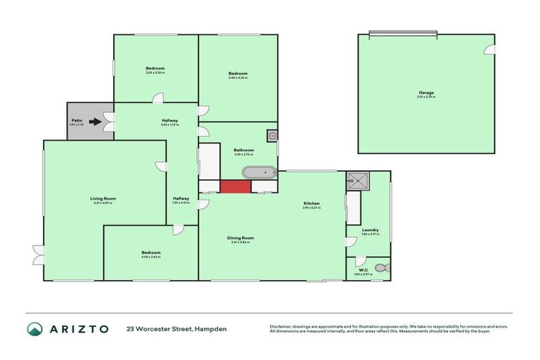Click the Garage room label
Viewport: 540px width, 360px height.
point(426,92)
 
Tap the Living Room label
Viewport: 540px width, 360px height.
point(103,199)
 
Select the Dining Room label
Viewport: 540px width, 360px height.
point(240,238)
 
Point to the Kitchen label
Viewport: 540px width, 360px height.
point(311,204)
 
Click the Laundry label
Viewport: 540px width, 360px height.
point(371,230)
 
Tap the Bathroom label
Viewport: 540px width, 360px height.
point(243,150)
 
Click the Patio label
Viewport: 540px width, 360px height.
point(77,121)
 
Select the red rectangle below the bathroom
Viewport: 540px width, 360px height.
point(236,186)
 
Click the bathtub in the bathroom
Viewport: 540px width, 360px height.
point(259,172)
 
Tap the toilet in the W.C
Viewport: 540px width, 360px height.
point(381,268)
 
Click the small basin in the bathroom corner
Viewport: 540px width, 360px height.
point(271,135)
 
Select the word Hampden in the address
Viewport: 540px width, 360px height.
point(212,328)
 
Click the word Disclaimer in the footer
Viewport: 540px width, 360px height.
point(281,326)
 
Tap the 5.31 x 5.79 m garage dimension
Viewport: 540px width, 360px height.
point(426,97)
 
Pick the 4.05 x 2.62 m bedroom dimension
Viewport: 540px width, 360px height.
point(150,257)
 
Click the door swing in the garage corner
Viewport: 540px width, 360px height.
point(491,49)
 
